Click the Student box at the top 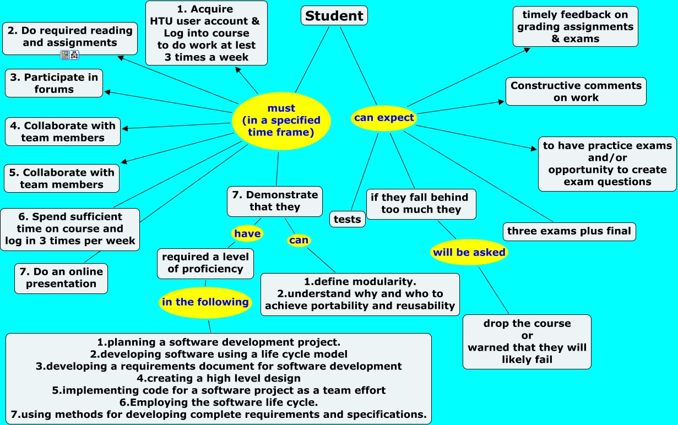pyautogui.click(x=334, y=15)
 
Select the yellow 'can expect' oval pyautogui.click(x=384, y=118)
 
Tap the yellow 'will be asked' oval pyautogui.click(x=468, y=253)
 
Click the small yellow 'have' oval pyautogui.click(x=247, y=234)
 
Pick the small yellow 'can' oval pyautogui.click(x=299, y=240)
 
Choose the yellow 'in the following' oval pyautogui.click(x=205, y=302)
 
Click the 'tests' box pyautogui.click(x=348, y=219)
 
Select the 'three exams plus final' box pyautogui.click(x=569, y=231)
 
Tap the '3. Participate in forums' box pyautogui.click(x=54, y=83)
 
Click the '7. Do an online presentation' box pyautogui.click(x=61, y=278)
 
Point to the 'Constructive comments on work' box pyautogui.click(x=576, y=91)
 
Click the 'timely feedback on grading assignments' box pyautogui.click(x=575, y=26)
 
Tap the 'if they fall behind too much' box pyautogui.click(x=421, y=204)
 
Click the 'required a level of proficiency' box pyautogui.click(x=205, y=263)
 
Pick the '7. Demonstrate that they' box pyautogui.click(x=275, y=201)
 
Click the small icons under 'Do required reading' pyautogui.click(x=70, y=55)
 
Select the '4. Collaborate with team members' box pyautogui.click(x=63, y=132)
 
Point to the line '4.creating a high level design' pyautogui.click(x=219, y=378)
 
